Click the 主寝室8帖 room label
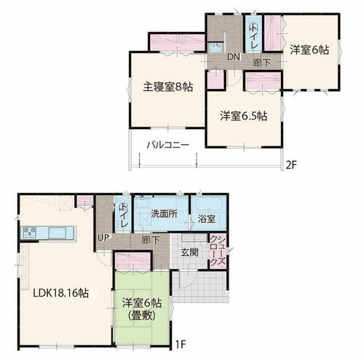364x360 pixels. click(168, 87)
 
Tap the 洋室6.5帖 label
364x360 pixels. click(244, 116)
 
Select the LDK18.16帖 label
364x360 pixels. click(60, 293)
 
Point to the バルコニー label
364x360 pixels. click(167, 145)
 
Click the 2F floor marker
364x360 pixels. click(291, 165)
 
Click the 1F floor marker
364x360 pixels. click(181, 344)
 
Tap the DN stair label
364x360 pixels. click(234, 57)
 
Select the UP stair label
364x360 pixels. click(103, 238)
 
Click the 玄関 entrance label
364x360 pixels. click(190, 252)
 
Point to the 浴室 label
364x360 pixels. click(207, 219)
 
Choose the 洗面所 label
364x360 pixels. click(164, 214)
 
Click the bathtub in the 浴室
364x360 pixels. click(209, 203)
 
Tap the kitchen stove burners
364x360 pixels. click(30, 232)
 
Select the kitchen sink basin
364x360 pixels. click(58, 233)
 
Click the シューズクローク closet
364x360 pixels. click(218, 251)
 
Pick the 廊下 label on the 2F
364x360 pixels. click(261, 63)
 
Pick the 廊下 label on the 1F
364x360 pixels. click(151, 240)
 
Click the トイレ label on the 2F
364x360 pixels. click(253, 36)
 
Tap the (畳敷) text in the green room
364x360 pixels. click(141, 316)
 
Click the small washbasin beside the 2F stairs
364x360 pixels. click(215, 47)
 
